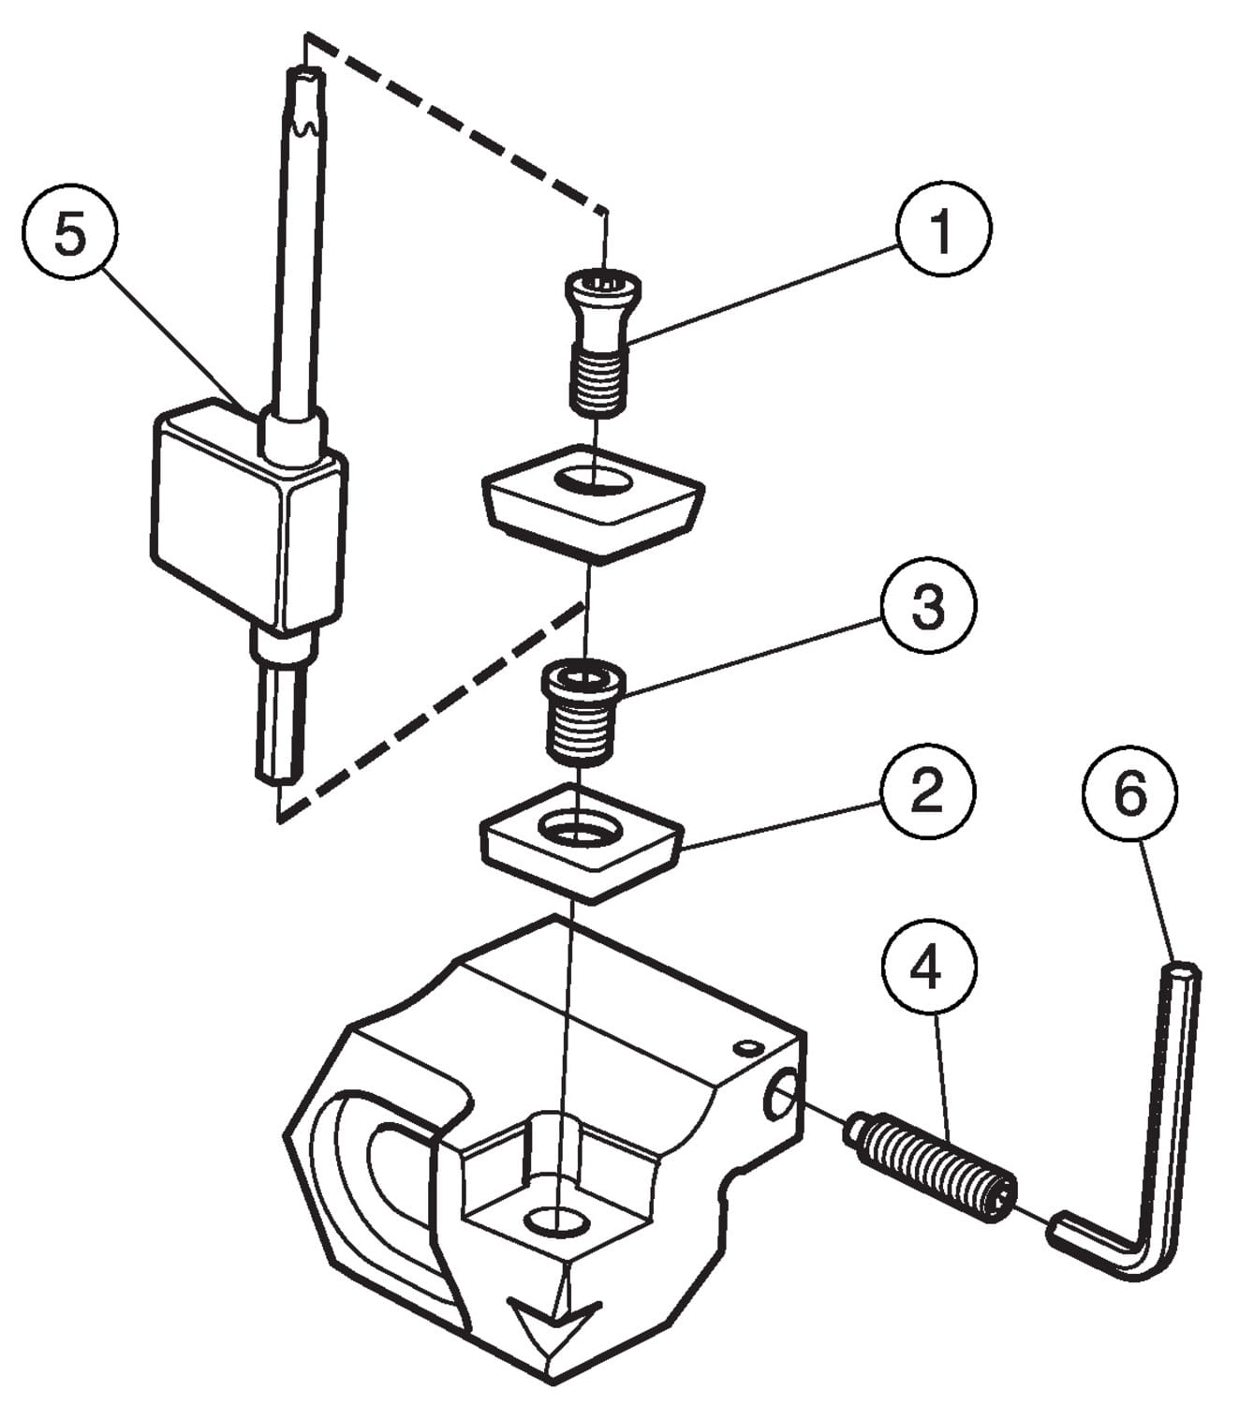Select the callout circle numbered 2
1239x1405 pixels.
click(927, 792)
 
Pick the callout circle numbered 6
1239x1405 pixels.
click(1130, 795)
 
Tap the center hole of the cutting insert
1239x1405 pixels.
click(591, 479)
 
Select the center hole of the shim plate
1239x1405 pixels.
click(577, 826)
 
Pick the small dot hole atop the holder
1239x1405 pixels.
click(746, 1046)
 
